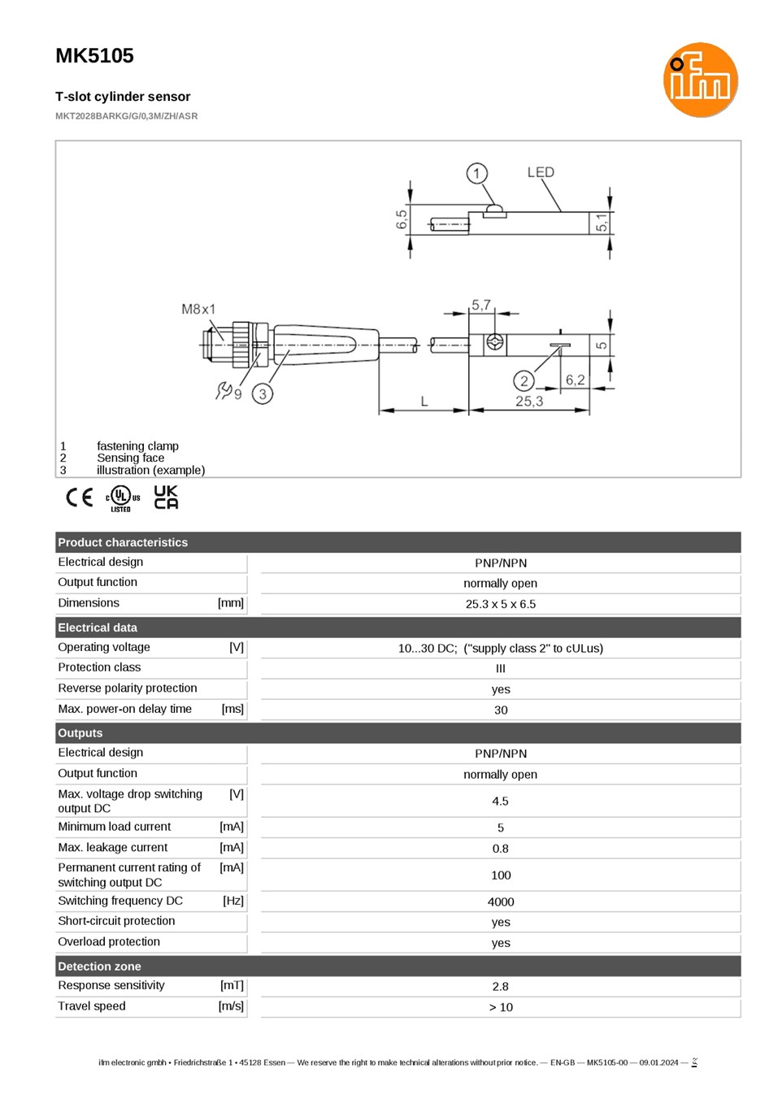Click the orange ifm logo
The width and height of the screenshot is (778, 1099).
pos(700,80)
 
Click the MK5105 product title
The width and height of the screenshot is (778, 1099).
pos(94,56)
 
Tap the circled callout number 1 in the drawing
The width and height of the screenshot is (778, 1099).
pos(476,173)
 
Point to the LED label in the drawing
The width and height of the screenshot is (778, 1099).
pos(541,172)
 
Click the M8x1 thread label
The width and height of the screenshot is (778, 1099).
pos(198,309)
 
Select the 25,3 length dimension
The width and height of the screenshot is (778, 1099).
pos(528,402)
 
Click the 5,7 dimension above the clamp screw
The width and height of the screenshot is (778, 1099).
pos(480,305)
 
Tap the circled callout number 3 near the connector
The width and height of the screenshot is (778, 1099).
pos(263,393)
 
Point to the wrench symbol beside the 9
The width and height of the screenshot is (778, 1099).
pos(224,390)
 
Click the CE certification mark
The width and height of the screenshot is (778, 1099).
pos(80,497)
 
